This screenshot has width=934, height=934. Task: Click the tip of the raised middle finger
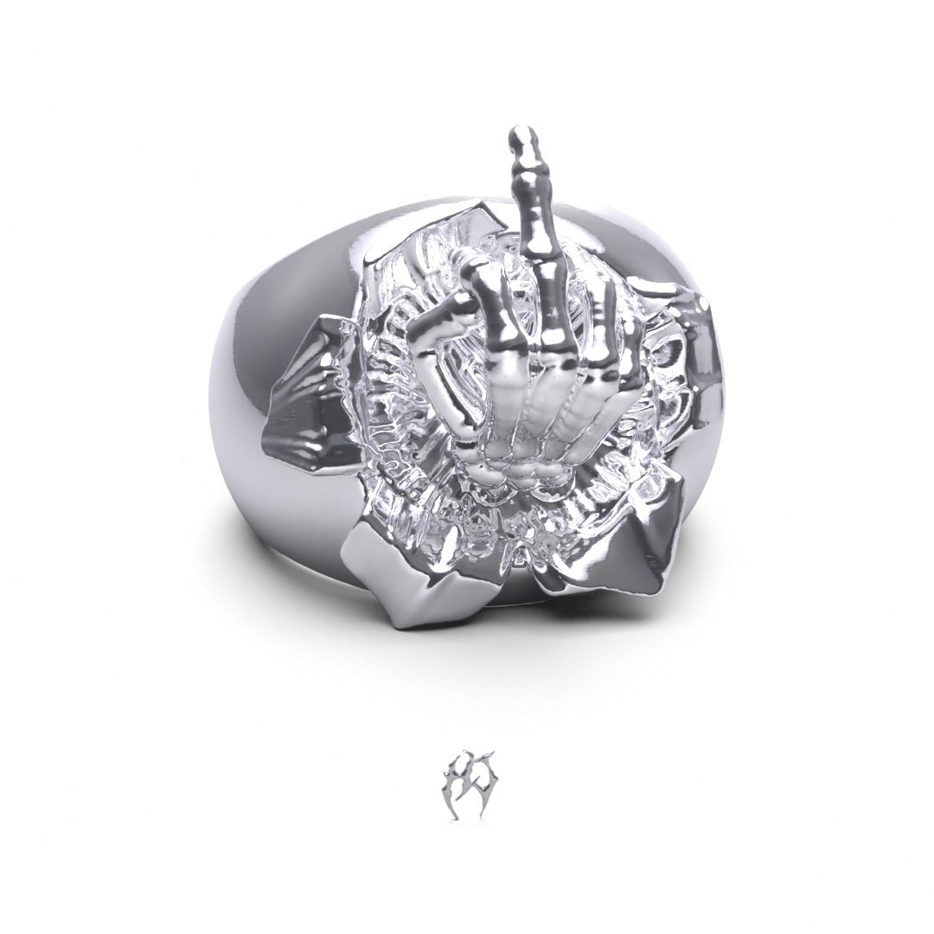(522, 136)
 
